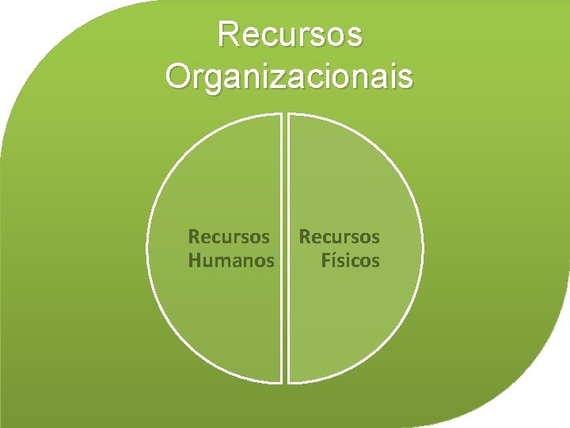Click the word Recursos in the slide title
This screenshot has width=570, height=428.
(x=289, y=35)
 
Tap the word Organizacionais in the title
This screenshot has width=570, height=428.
(x=289, y=77)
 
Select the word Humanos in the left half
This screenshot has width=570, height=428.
(x=231, y=260)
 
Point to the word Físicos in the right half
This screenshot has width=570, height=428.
(x=351, y=260)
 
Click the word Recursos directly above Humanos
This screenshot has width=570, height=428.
(x=228, y=236)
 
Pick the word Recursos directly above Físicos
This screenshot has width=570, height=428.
(x=339, y=236)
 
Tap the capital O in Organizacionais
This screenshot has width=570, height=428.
(x=179, y=77)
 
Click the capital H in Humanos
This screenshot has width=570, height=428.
(x=194, y=260)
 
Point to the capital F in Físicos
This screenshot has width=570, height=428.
(x=325, y=260)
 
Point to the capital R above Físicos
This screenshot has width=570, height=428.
(x=304, y=236)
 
